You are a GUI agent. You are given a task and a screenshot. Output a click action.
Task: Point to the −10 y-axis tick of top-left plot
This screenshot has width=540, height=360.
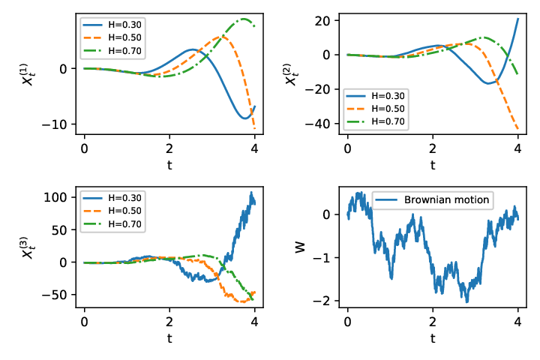click(55, 124)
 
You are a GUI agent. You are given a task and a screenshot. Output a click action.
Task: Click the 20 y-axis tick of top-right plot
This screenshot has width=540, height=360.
click(322, 21)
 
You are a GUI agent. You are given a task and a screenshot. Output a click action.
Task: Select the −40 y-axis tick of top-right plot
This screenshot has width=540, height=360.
click(317, 124)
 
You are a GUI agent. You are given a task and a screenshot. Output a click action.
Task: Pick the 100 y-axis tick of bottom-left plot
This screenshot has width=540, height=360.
click(55, 197)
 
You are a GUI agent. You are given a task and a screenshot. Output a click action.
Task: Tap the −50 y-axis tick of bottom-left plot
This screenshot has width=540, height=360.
click(55, 295)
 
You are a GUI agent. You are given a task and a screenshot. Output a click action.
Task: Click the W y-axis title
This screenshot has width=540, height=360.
click(300, 247)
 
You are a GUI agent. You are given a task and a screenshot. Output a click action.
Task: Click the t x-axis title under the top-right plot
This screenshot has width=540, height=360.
click(433, 165)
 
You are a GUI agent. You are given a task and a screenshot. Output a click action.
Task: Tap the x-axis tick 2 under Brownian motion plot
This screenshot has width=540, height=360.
click(433, 322)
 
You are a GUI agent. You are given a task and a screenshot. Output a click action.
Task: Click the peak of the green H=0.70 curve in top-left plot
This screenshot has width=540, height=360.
click(244, 19)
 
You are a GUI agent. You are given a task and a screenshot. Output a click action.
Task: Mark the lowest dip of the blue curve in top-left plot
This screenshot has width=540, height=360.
click(244, 118)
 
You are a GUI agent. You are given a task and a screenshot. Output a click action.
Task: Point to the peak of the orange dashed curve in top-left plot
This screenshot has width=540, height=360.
click(220, 36)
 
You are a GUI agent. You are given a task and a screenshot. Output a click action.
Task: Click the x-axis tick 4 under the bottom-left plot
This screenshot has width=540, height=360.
click(254, 322)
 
